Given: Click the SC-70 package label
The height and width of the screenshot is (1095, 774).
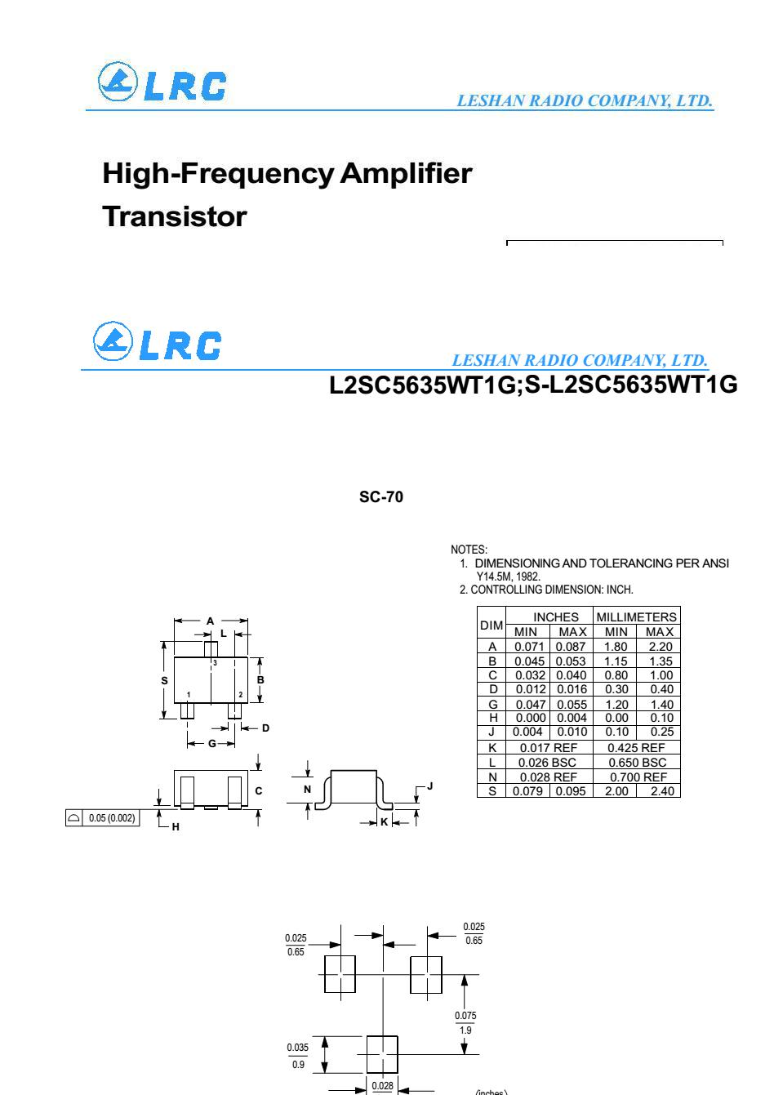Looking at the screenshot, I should click(380, 497).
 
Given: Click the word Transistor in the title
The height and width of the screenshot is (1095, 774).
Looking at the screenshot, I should click(174, 217).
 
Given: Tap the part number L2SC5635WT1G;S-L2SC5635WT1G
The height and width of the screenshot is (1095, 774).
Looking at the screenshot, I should click(532, 385).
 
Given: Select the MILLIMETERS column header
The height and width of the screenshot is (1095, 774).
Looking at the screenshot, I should click(637, 617).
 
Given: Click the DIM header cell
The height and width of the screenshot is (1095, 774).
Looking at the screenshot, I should click(492, 625).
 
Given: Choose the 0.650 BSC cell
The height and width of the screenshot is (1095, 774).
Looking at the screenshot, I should click(637, 763).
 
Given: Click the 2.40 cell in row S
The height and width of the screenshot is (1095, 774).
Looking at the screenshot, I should click(659, 791).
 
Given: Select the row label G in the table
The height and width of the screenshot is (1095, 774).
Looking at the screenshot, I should click(492, 704).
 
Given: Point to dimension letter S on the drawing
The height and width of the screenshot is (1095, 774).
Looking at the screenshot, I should click(165, 680).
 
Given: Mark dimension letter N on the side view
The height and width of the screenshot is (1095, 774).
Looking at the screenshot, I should click(308, 789).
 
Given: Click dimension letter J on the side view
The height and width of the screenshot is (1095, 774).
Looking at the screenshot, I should click(430, 786).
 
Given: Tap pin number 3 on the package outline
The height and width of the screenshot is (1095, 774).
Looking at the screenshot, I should click(215, 663).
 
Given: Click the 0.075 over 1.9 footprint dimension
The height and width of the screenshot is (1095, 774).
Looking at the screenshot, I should click(465, 1022).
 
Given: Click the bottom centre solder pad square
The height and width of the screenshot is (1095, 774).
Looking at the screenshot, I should click(382, 1054).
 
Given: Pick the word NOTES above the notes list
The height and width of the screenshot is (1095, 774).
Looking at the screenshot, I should click(469, 550).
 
